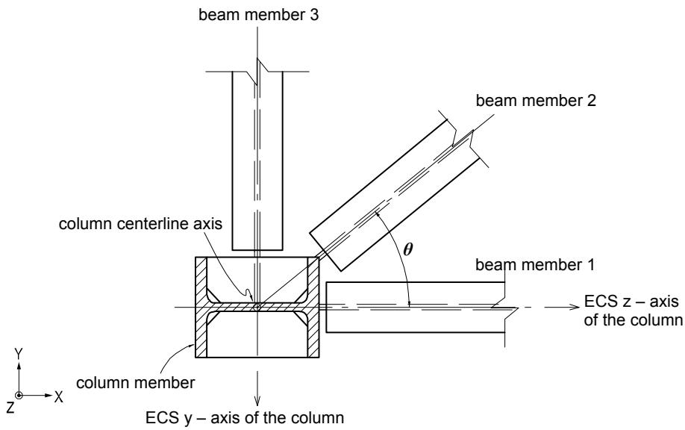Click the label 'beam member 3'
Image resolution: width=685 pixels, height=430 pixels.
click(x=259, y=14)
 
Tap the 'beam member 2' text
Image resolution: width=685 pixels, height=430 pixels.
click(x=536, y=101)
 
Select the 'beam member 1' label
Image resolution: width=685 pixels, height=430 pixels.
click(x=535, y=265)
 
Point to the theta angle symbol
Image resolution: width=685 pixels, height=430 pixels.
click(x=407, y=249)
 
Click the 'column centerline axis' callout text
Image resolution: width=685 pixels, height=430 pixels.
click(x=140, y=224)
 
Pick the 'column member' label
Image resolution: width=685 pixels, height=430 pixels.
click(x=135, y=383)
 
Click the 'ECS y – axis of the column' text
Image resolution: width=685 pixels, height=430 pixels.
click(x=245, y=418)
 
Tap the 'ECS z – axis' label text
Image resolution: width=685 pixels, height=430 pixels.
click(x=631, y=302)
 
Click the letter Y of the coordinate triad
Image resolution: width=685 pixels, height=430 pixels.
click(x=19, y=354)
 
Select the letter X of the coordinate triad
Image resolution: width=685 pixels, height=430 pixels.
click(x=58, y=397)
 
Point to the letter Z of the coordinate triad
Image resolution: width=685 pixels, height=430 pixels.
click(x=10, y=408)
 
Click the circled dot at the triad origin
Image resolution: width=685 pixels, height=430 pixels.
click(x=19, y=396)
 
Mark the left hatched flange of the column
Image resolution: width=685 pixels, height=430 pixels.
click(x=201, y=308)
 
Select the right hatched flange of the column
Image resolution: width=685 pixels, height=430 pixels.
click(x=313, y=308)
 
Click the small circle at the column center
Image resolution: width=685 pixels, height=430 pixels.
click(x=257, y=308)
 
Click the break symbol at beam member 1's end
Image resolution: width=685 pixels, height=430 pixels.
click(x=505, y=308)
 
